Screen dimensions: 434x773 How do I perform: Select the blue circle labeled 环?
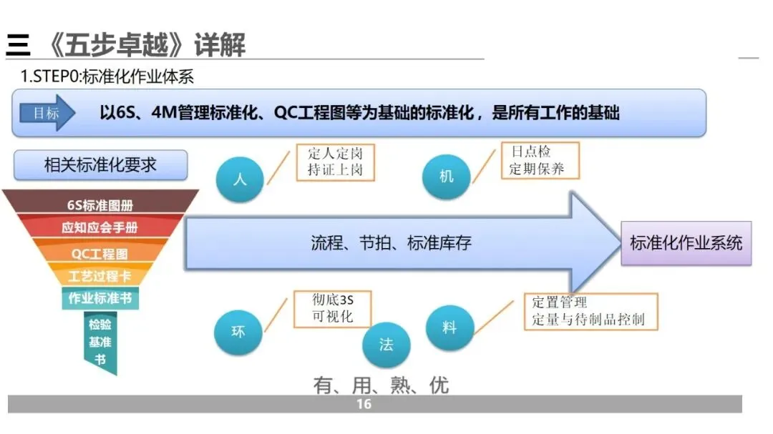(x=238, y=332)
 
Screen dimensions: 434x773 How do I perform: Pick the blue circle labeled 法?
(x=386, y=344)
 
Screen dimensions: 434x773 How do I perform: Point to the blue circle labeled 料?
(x=449, y=327)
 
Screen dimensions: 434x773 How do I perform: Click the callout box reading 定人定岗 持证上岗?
(x=334, y=162)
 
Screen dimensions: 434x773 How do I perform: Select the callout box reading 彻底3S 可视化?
(x=333, y=309)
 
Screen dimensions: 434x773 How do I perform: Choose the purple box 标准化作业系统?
(x=686, y=242)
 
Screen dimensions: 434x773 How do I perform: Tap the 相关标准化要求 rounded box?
(x=100, y=165)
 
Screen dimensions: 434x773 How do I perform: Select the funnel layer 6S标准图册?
(x=100, y=205)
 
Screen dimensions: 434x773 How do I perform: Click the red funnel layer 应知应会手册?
(x=100, y=228)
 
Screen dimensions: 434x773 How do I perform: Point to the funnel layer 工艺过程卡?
(x=100, y=276)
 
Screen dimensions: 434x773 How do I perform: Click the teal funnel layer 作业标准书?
(x=100, y=298)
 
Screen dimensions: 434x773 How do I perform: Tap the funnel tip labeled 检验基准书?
(x=100, y=342)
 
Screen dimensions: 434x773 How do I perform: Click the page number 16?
(x=364, y=405)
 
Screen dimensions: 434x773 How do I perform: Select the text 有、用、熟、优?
(x=381, y=385)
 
